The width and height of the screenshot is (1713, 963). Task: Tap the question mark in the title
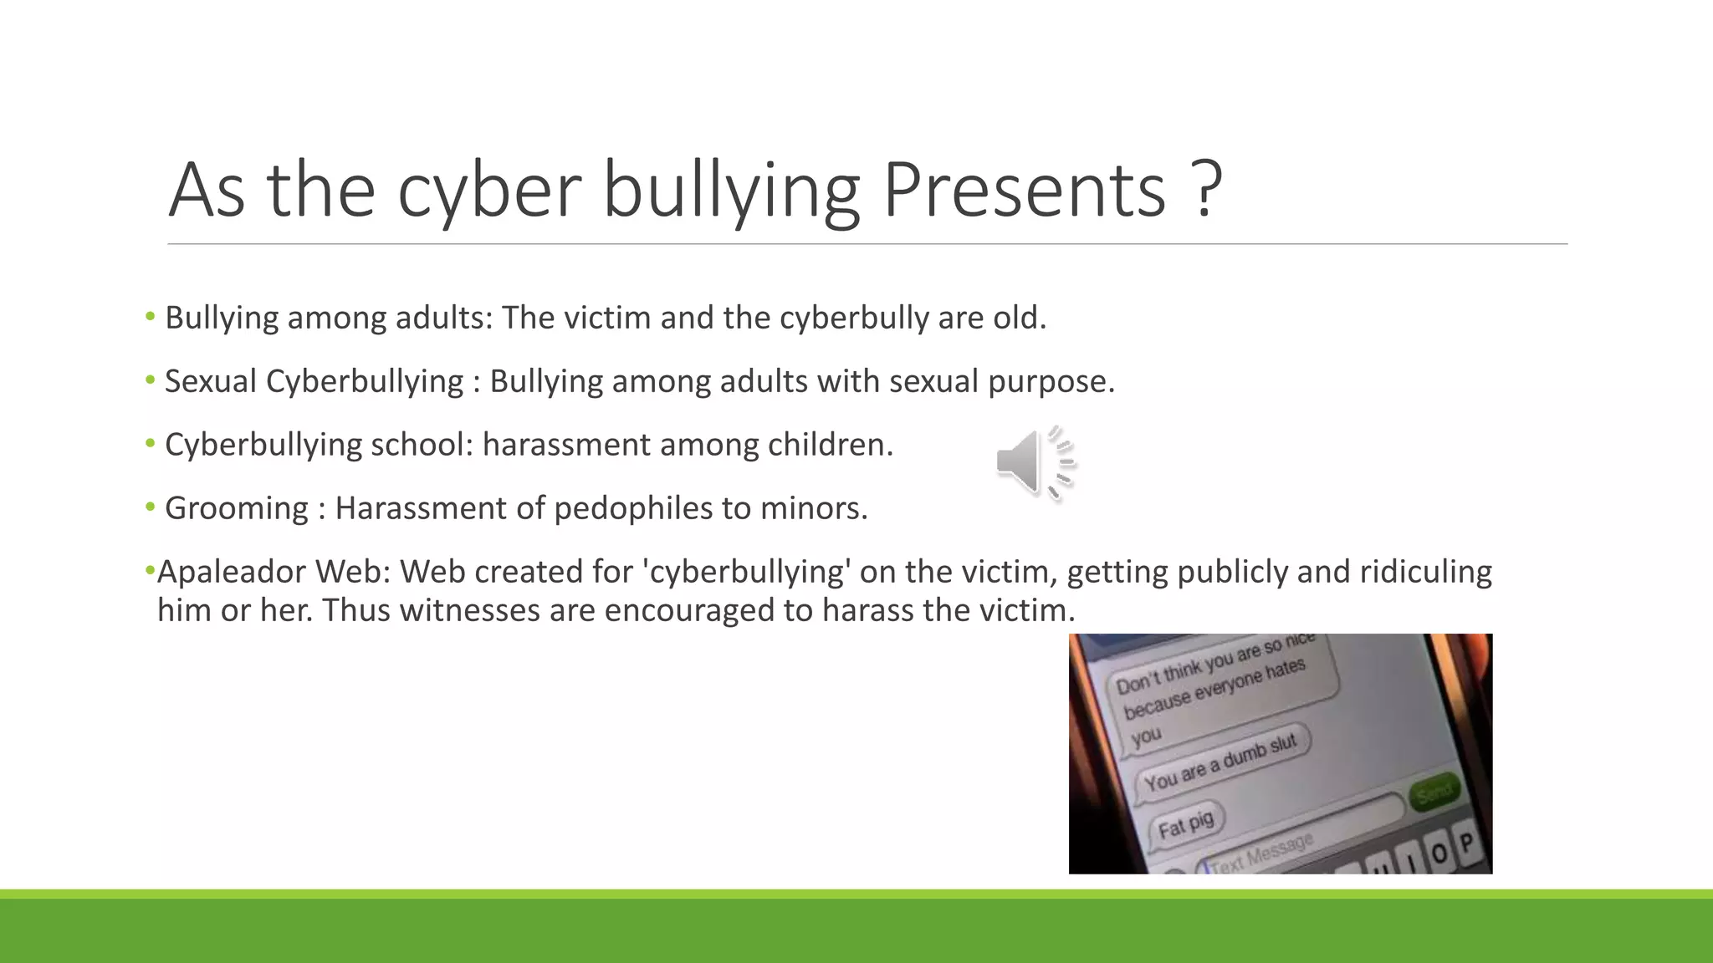1205,190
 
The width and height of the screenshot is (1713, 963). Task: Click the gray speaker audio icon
1035,462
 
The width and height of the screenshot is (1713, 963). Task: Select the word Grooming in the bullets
237,508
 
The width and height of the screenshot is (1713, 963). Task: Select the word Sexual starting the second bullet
211,381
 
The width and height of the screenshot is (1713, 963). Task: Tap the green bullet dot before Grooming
151,507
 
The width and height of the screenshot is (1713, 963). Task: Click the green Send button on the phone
1434,790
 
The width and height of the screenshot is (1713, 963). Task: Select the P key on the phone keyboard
1465,843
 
